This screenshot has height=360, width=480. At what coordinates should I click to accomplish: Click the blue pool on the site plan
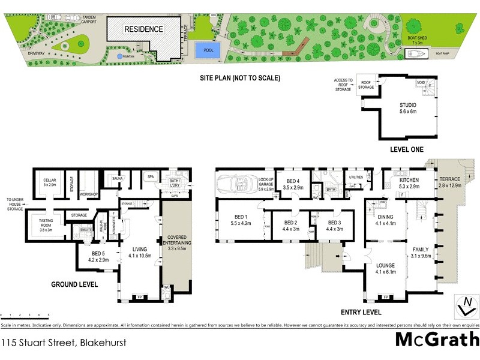point(208,50)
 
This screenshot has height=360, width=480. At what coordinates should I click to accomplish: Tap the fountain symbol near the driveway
point(119,56)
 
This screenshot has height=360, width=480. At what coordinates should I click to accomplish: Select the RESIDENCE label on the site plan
point(143,29)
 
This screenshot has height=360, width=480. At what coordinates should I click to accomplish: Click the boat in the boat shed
point(416,53)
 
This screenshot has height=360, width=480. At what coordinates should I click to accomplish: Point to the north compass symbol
point(463,305)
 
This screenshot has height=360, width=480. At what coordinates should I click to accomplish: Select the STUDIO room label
point(407,108)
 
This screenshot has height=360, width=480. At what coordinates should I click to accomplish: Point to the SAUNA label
point(118,178)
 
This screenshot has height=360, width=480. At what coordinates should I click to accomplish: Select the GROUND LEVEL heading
point(74,284)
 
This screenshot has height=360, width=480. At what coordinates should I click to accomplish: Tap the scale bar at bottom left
point(25,315)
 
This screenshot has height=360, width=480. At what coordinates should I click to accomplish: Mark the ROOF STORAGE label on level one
point(366,85)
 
